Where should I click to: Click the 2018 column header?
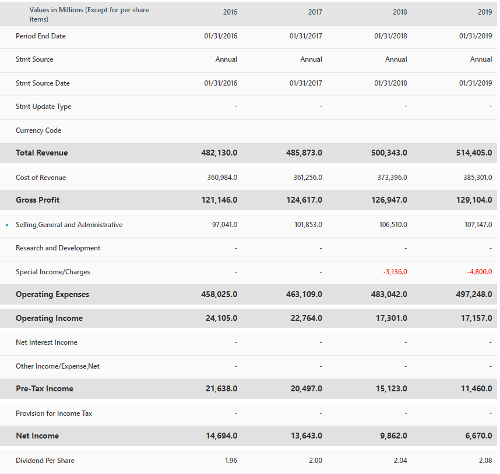[x=400, y=12]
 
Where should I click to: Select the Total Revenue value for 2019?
[x=474, y=153]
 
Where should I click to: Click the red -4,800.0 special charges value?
[x=479, y=272]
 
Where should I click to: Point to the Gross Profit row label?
[x=38, y=200]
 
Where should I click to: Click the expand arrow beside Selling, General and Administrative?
[x=7, y=225]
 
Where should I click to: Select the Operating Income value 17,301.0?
[x=389, y=318]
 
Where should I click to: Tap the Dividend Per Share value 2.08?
[x=485, y=461]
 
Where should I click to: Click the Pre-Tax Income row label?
[x=44, y=388]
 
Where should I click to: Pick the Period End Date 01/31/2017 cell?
[x=305, y=36]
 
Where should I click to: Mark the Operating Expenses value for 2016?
[x=219, y=294]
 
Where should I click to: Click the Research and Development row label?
[x=58, y=248]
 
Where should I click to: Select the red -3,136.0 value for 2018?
[x=395, y=272]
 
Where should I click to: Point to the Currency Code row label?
[x=38, y=130]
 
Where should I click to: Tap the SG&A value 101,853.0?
[x=308, y=225]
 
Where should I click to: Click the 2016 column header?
[x=230, y=12]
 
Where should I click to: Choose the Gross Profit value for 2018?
[x=389, y=200]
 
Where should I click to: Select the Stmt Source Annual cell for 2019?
[x=481, y=59]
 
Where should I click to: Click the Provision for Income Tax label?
[x=54, y=413]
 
